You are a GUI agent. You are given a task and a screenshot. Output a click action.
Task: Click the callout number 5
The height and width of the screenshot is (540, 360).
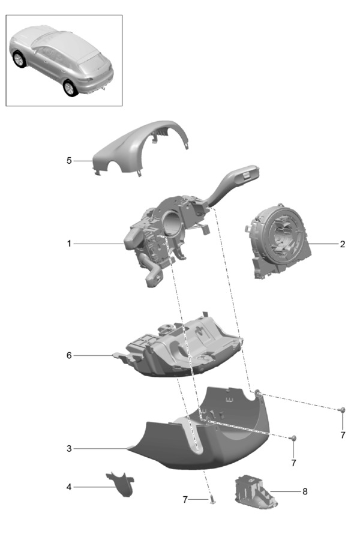pyautogui.click(x=69, y=161)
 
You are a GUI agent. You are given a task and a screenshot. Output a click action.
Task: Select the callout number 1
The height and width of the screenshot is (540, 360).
pyautogui.click(x=69, y=244)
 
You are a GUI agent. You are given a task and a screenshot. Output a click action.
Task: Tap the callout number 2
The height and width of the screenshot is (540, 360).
pyautogui.click(x=342, y=244)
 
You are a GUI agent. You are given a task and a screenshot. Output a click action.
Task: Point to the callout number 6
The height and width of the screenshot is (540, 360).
pyautogui.click(x=69, y=355)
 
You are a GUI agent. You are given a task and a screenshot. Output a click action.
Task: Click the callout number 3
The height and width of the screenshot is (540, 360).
pyautogui.click(x=69, y=448)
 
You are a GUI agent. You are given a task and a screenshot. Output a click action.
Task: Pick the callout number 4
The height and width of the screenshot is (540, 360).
pyautogui.click(x=69, y=487)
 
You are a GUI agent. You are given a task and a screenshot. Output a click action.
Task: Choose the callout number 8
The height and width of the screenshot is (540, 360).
pyautogui.click(x=305, y=491)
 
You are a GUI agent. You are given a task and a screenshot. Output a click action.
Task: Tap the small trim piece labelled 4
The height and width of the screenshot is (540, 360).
pyautogui.click(x=121, y=484)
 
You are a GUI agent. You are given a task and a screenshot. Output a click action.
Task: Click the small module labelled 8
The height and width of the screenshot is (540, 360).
pyautogui.click(x=256, y=491)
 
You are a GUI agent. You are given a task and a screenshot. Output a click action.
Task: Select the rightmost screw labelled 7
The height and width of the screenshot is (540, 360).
pyautogui.click(x=342, y=409)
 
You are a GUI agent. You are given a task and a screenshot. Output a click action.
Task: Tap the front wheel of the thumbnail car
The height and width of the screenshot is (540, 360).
pyautogui.click(x=19, y=59)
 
